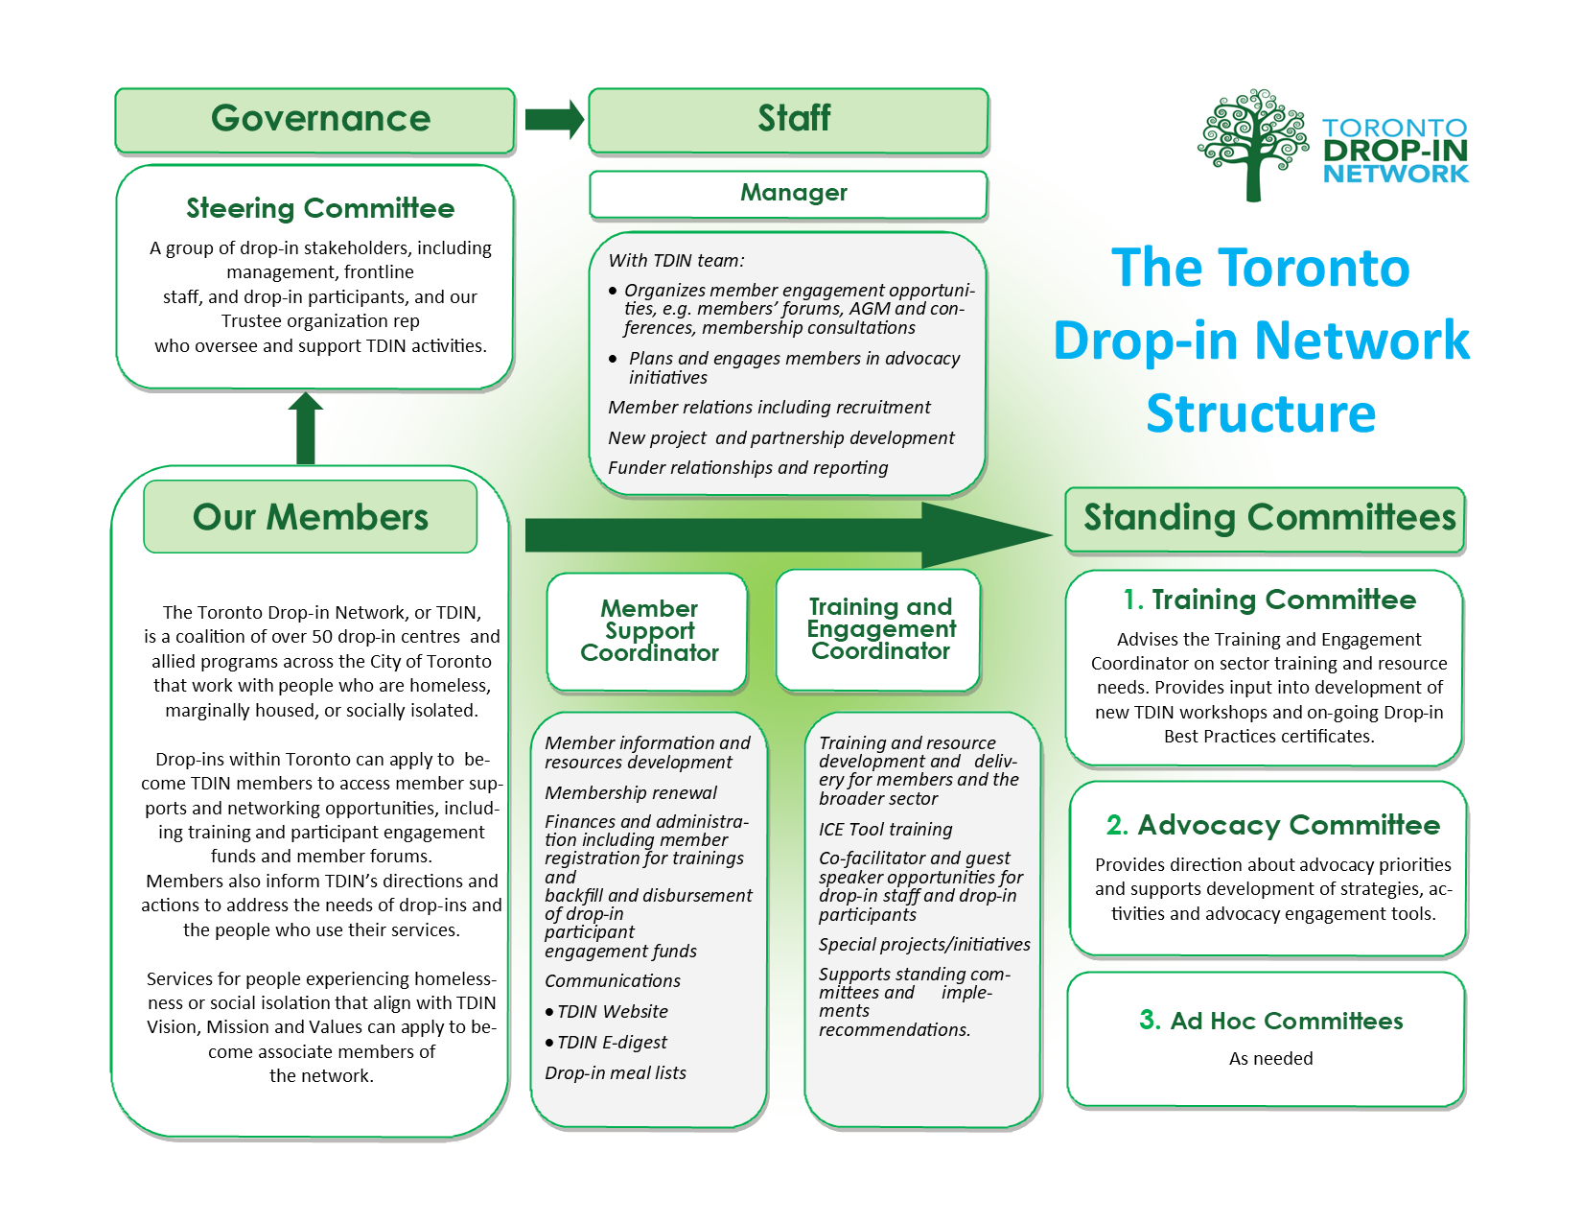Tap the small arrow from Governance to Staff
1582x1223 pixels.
pos(553,120)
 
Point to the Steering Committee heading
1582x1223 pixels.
pos(320,208)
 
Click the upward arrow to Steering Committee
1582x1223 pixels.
pos(306,429)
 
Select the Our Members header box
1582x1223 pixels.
pos(310,517)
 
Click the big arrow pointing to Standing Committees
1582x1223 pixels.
pos(786,535)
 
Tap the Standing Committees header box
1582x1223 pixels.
pos(1266,519)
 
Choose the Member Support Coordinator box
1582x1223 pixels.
pos(648,631)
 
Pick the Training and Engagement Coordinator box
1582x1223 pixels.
pos(879,629)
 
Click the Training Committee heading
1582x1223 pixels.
pos(1269,600)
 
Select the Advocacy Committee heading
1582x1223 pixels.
pos(1272,825)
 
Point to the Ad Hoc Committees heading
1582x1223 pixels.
pos(1270,1021)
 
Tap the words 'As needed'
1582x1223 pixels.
pos(1270,1059)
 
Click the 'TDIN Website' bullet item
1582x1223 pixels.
pos(612,1012)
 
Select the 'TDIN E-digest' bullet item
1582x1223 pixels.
pos(612,1043)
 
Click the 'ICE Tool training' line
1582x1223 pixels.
pos(885,830)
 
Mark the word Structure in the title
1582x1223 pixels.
pos(1261,414)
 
